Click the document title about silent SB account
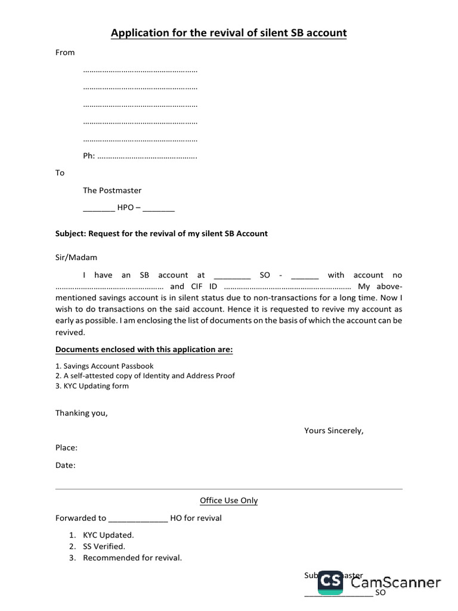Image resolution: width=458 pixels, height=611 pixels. pos(228,33)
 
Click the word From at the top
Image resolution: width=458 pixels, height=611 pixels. pos(65,53)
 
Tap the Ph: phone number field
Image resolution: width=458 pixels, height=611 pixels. pos(140,156)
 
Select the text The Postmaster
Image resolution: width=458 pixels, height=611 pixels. pos(112,190)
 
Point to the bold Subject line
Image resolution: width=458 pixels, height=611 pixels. pos(162,233)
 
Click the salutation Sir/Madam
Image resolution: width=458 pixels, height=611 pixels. pos(76,258)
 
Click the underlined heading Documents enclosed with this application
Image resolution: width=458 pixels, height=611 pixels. pos(144,349)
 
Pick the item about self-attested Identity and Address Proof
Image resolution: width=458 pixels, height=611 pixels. pos(145,376)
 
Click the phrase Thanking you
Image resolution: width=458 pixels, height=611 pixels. pos(82,413)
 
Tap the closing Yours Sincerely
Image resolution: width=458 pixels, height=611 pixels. pos(333,430)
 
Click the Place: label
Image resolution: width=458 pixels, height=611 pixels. pos(66,448)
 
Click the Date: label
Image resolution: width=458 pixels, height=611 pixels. pos(66,465)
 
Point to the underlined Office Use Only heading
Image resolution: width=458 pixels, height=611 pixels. pos(228,501)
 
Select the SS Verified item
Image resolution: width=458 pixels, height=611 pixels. pos(104,546)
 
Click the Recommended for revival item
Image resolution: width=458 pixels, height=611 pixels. pos(132,558)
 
